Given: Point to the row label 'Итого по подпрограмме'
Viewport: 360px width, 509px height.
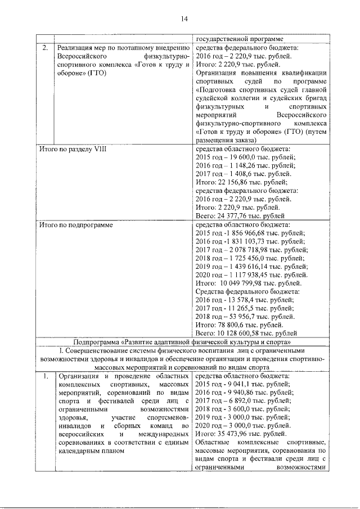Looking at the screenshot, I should tap(75, 225).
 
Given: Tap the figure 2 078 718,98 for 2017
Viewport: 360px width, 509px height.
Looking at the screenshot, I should tap(254, 249).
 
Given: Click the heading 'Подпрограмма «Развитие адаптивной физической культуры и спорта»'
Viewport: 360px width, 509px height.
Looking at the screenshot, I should tap(182, 342).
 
